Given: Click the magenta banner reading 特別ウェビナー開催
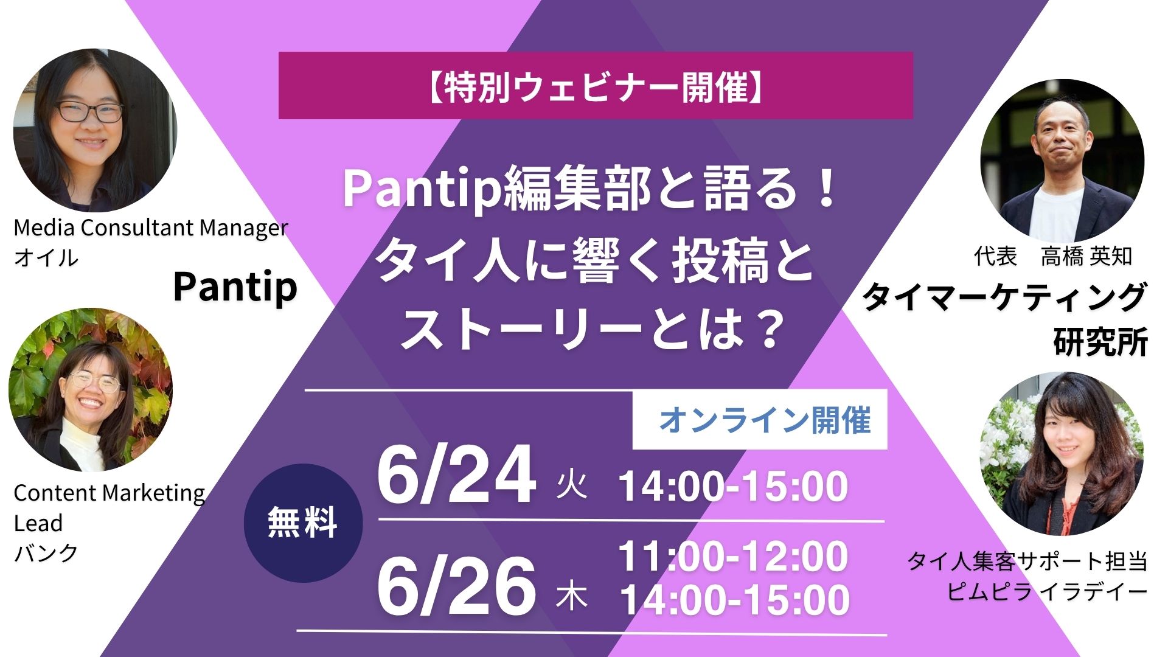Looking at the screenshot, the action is point(596,86).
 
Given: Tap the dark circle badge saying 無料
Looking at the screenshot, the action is point(303,523).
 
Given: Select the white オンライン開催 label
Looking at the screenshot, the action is point(760,420).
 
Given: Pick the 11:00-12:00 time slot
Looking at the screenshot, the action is point(733,556).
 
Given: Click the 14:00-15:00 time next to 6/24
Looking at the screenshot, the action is point(733,486).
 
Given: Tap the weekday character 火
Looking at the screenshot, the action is point(572,487).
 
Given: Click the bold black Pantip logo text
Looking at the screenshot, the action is point(235,287).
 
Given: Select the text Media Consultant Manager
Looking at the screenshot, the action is point(151,228).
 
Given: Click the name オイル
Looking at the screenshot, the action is point(46,257).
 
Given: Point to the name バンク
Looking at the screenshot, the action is point(46,553).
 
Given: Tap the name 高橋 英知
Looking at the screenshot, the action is point(1086,256).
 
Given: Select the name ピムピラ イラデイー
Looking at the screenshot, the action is point(1047,591).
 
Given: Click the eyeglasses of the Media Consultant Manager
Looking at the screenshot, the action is point(90,112).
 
